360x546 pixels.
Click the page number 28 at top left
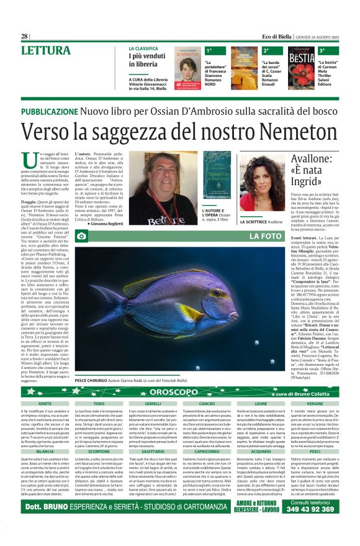(x=24, y=37)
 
